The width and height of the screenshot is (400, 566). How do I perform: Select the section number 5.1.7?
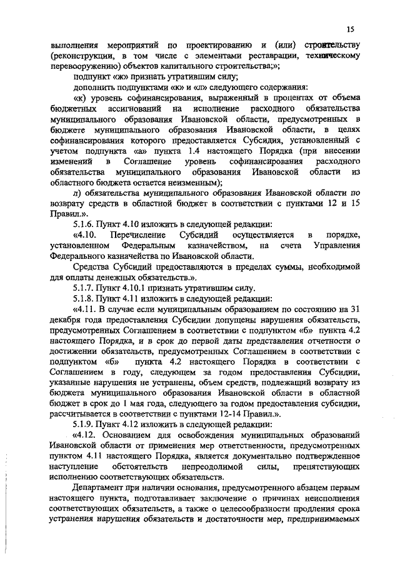pos(85,288)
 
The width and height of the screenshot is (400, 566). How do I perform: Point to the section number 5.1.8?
pos(85,299)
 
